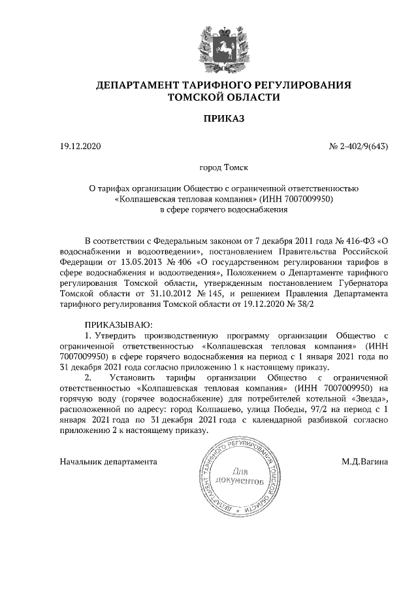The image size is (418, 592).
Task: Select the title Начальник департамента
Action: [x=108, y=461]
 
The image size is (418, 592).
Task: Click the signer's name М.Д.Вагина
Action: [x=364, y=461]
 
